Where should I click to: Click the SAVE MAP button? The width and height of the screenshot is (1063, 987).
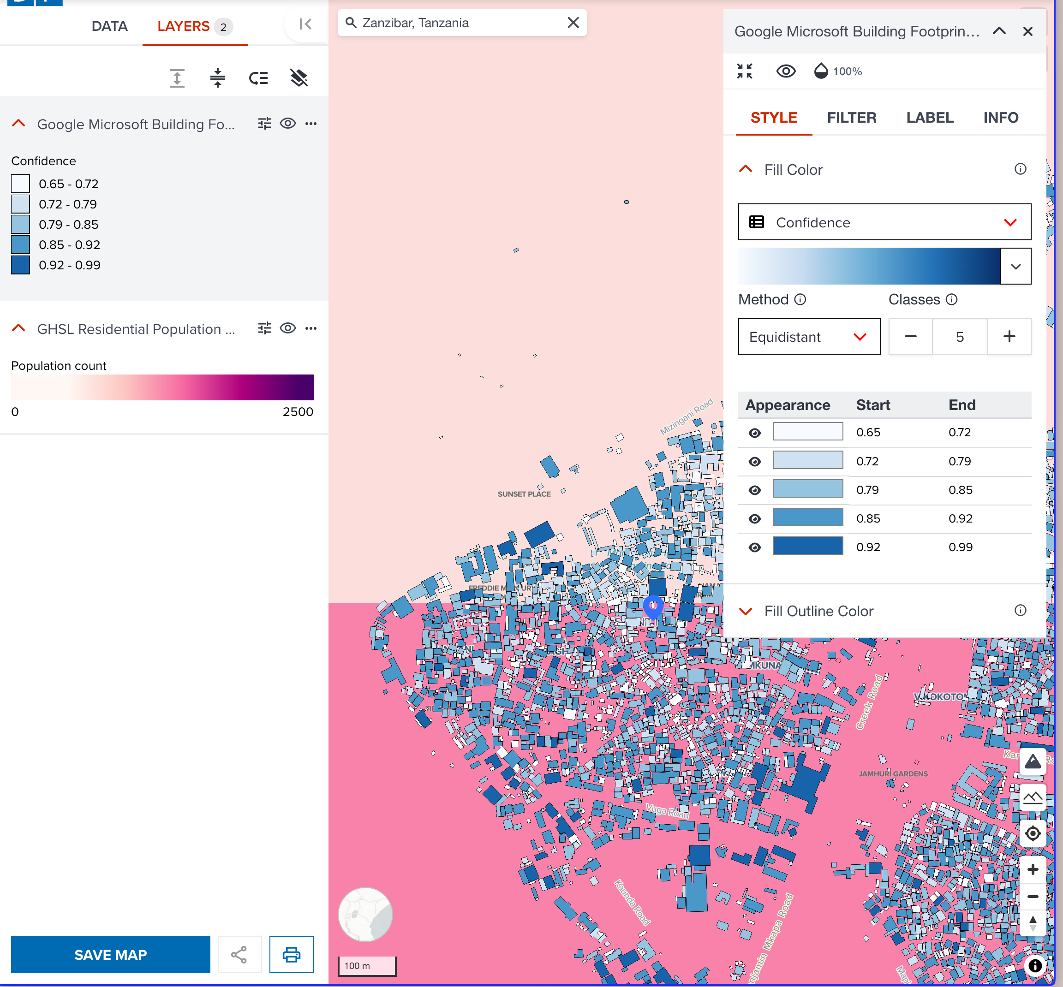(x=110, y=954)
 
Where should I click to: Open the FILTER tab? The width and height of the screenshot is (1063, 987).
(x=852, y=118)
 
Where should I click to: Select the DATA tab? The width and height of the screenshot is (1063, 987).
(x=109, y=26)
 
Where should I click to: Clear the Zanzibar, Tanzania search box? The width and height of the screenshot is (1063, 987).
(x=573, y=23)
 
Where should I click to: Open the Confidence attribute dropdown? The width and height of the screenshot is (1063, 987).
(x=884, y=222)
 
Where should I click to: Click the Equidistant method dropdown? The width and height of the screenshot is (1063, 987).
(x=809, y=337)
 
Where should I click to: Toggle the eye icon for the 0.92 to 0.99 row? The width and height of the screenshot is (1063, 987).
(x=754, y=547)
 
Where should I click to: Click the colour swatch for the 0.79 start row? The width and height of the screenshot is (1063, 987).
(x=808, y=489)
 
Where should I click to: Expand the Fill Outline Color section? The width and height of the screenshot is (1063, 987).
(x=818, y=611)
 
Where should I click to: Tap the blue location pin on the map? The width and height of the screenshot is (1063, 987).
(x=653, y=606)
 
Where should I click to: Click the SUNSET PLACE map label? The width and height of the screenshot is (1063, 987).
(x=524, y=494)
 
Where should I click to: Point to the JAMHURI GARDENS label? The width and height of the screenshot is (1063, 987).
(x=893, y=773)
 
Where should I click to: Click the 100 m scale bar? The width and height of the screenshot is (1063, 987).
(x=367, y=966)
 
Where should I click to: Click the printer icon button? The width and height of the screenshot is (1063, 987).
(x=291, y=954)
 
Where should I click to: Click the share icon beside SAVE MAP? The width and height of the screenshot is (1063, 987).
(x=239, y=954)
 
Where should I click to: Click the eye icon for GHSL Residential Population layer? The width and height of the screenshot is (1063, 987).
(x=288, y=328)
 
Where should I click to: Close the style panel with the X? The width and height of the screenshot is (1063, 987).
(x=1027, y=31)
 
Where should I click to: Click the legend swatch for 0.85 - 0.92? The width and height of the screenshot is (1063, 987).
(x=20, y=244)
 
